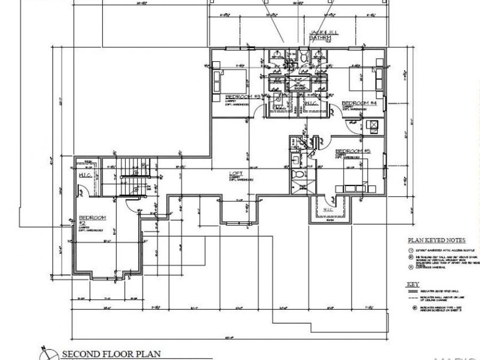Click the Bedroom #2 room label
[x=93, y=218]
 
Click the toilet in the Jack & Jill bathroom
[x=303, y=56]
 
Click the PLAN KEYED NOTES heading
[x=437, y=241]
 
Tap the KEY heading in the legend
[x=413, y=285]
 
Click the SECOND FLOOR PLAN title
[x=111, y=354]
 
